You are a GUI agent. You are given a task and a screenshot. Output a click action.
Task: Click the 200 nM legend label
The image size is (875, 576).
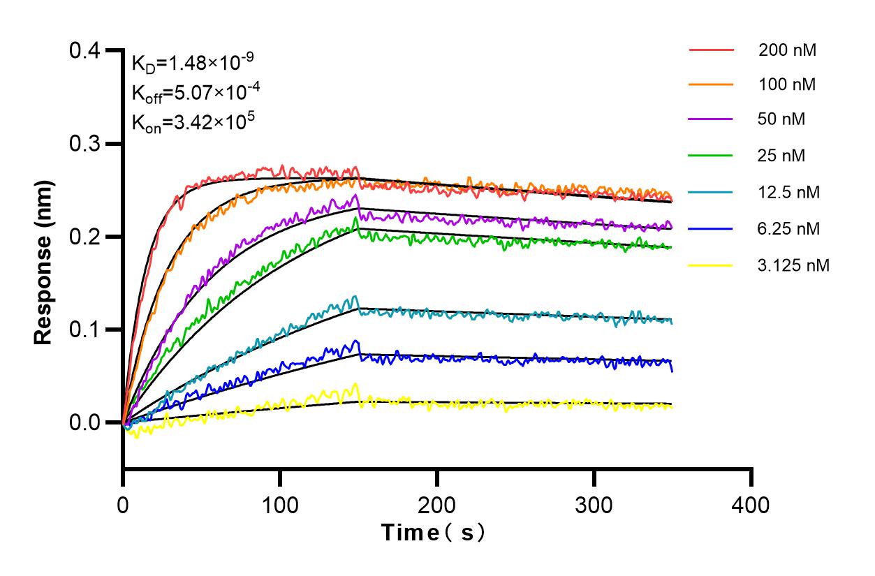pyautogui.click(x=787, y=50)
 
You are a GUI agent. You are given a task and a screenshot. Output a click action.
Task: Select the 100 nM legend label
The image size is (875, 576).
pyautogui.click(x=787, y=84)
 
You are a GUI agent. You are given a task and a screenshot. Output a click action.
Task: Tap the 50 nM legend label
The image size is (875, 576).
pyautogui.click(x=781, y=119)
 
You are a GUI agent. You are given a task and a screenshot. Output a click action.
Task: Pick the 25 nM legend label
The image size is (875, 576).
pyautogui.click(x=781, y=156)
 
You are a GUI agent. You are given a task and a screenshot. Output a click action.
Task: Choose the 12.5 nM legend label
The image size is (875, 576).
pyautogui.click(x=788, y=192)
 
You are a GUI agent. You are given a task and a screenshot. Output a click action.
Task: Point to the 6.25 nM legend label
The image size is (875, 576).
pyautogui.click(x=788, y=228)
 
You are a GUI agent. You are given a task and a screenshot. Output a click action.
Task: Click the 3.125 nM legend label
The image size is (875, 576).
pyautogui.click(x=793, y=265)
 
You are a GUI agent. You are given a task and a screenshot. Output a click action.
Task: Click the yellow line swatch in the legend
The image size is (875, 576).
pyautogui.click(x=711, y=265)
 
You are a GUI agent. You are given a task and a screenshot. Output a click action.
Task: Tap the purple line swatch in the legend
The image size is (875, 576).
pyautogui.click(x=711, y=120)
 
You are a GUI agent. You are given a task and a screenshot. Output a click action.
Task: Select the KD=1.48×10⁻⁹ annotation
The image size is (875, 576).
pyautogui.click(x=192, y=64)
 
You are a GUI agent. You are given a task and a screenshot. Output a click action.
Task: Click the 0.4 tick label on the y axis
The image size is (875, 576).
pyautogui.click(x=85, y=51)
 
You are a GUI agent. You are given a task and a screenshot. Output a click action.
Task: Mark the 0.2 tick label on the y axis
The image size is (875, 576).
pyautogui.click(x=85, y=237)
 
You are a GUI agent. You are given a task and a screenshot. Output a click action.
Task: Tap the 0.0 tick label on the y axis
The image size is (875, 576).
pyautogui.click(x=85, y=422)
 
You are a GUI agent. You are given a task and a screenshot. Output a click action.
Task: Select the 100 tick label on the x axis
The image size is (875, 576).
pyautogui.click(x=280, y=504)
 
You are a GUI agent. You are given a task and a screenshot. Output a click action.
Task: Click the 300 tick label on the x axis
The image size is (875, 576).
pyautogui.click(x=594, y=504)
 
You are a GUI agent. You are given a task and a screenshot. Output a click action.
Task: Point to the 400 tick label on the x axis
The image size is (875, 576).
pyautogui.click(x=751, y=504)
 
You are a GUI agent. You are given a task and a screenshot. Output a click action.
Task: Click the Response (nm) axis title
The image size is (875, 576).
pyautogui.click(x=44, y=260)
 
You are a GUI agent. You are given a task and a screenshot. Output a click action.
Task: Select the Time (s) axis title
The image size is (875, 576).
pyautogui.click(x=433, y=533)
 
